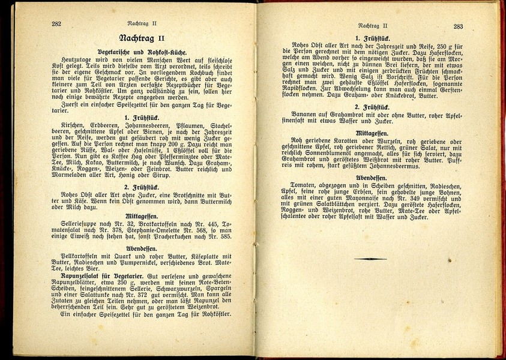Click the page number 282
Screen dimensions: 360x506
(56, 25)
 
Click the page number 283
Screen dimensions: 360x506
(457, 26)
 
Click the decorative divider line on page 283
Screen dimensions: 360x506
(370, 259)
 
